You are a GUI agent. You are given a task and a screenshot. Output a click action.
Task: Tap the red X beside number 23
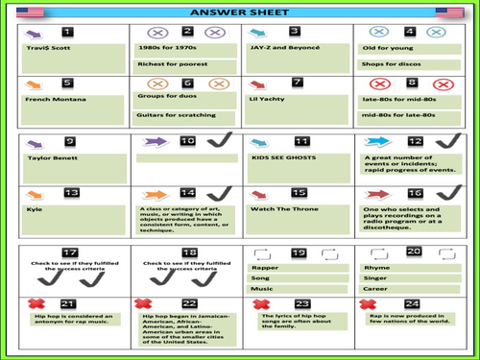coord(260,304)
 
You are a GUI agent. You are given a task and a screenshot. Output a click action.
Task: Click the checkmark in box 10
coord(216,146)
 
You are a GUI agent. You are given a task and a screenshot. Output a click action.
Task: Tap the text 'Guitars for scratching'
coord(171,117)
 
